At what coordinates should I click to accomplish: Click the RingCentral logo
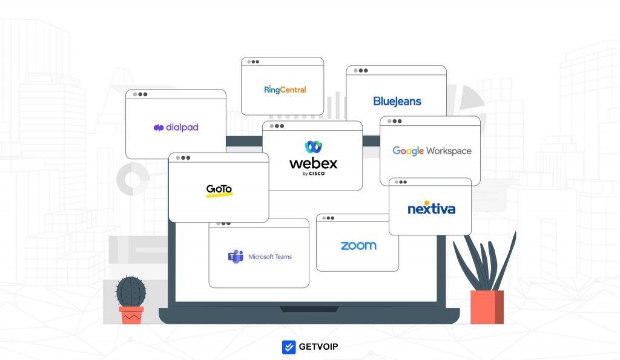(x=285, y=90)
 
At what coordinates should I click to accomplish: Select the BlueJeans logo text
(x=397, y=102)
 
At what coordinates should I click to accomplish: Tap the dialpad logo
(x=176, y=128)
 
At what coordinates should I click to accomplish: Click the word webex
(x=313, y=163)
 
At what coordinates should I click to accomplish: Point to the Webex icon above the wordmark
(x=313, y=147)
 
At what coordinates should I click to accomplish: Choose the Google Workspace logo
(x=431, y=151)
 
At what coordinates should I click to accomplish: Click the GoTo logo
(x=219, y=189)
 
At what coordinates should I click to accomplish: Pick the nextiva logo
(x=431, y=209)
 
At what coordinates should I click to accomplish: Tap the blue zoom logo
(x=358, y=246)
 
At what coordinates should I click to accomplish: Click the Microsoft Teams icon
(x=235, y=257)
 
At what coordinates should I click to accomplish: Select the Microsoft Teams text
(x=270, y=257)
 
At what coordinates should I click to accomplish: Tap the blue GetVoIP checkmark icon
(x=289, y=347)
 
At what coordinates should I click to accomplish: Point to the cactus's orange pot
(x=131, y=315)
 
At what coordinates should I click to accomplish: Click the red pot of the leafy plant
(x=487, y=307)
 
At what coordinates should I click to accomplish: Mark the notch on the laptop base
(x=309, y=309)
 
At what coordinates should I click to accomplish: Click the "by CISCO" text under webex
(x=314, y=174)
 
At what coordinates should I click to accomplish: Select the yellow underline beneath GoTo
(x=219, y=195)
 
